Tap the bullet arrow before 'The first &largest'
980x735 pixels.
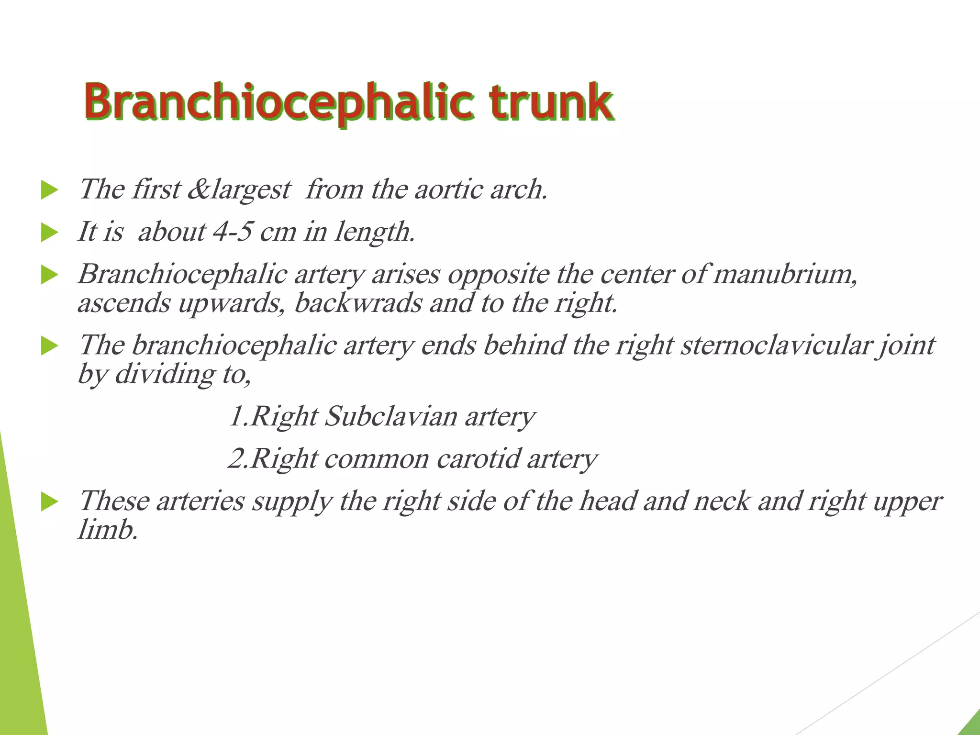pos(49,190)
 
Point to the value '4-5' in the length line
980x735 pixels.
pos(232,232)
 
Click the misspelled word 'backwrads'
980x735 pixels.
pos(358,303)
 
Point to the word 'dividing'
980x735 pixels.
pos(165,374)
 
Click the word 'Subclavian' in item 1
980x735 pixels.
pos(391,416)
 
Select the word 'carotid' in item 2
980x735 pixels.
pos(478,459)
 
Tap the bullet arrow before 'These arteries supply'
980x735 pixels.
pos(49,502)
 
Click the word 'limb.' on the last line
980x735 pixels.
pos(108,530)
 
